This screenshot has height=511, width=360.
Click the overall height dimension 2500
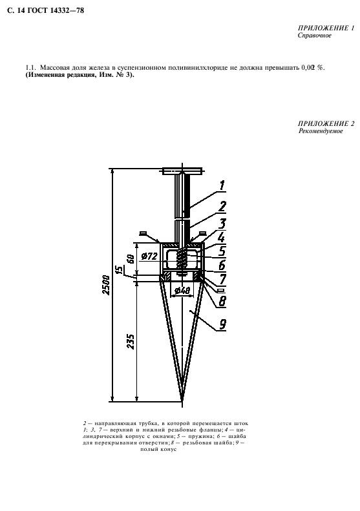pos(107,285)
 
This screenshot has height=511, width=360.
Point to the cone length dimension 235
pos(131,341)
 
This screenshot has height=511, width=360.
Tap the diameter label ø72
pos(150,256)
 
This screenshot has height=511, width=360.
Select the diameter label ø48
pos(182,290)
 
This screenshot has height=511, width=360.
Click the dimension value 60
pos(131,259)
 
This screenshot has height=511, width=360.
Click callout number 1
pos(222,185)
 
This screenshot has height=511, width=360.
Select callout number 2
pos(222,206)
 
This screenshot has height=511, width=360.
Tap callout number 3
pos(222,224)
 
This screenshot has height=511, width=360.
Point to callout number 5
pos(222,251)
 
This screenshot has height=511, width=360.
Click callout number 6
pos(222,265)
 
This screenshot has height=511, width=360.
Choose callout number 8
pos(222,301)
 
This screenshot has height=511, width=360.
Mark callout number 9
pos(222,324)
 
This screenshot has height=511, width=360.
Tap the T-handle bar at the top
pos(182,171)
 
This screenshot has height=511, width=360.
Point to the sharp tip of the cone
pos(182,402)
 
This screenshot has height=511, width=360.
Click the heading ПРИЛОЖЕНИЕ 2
pos(326,123)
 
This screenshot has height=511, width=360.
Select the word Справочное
pos(314,35)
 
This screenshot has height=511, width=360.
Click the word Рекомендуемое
pos(321,131)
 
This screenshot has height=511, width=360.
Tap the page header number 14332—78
pos(67,10)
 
